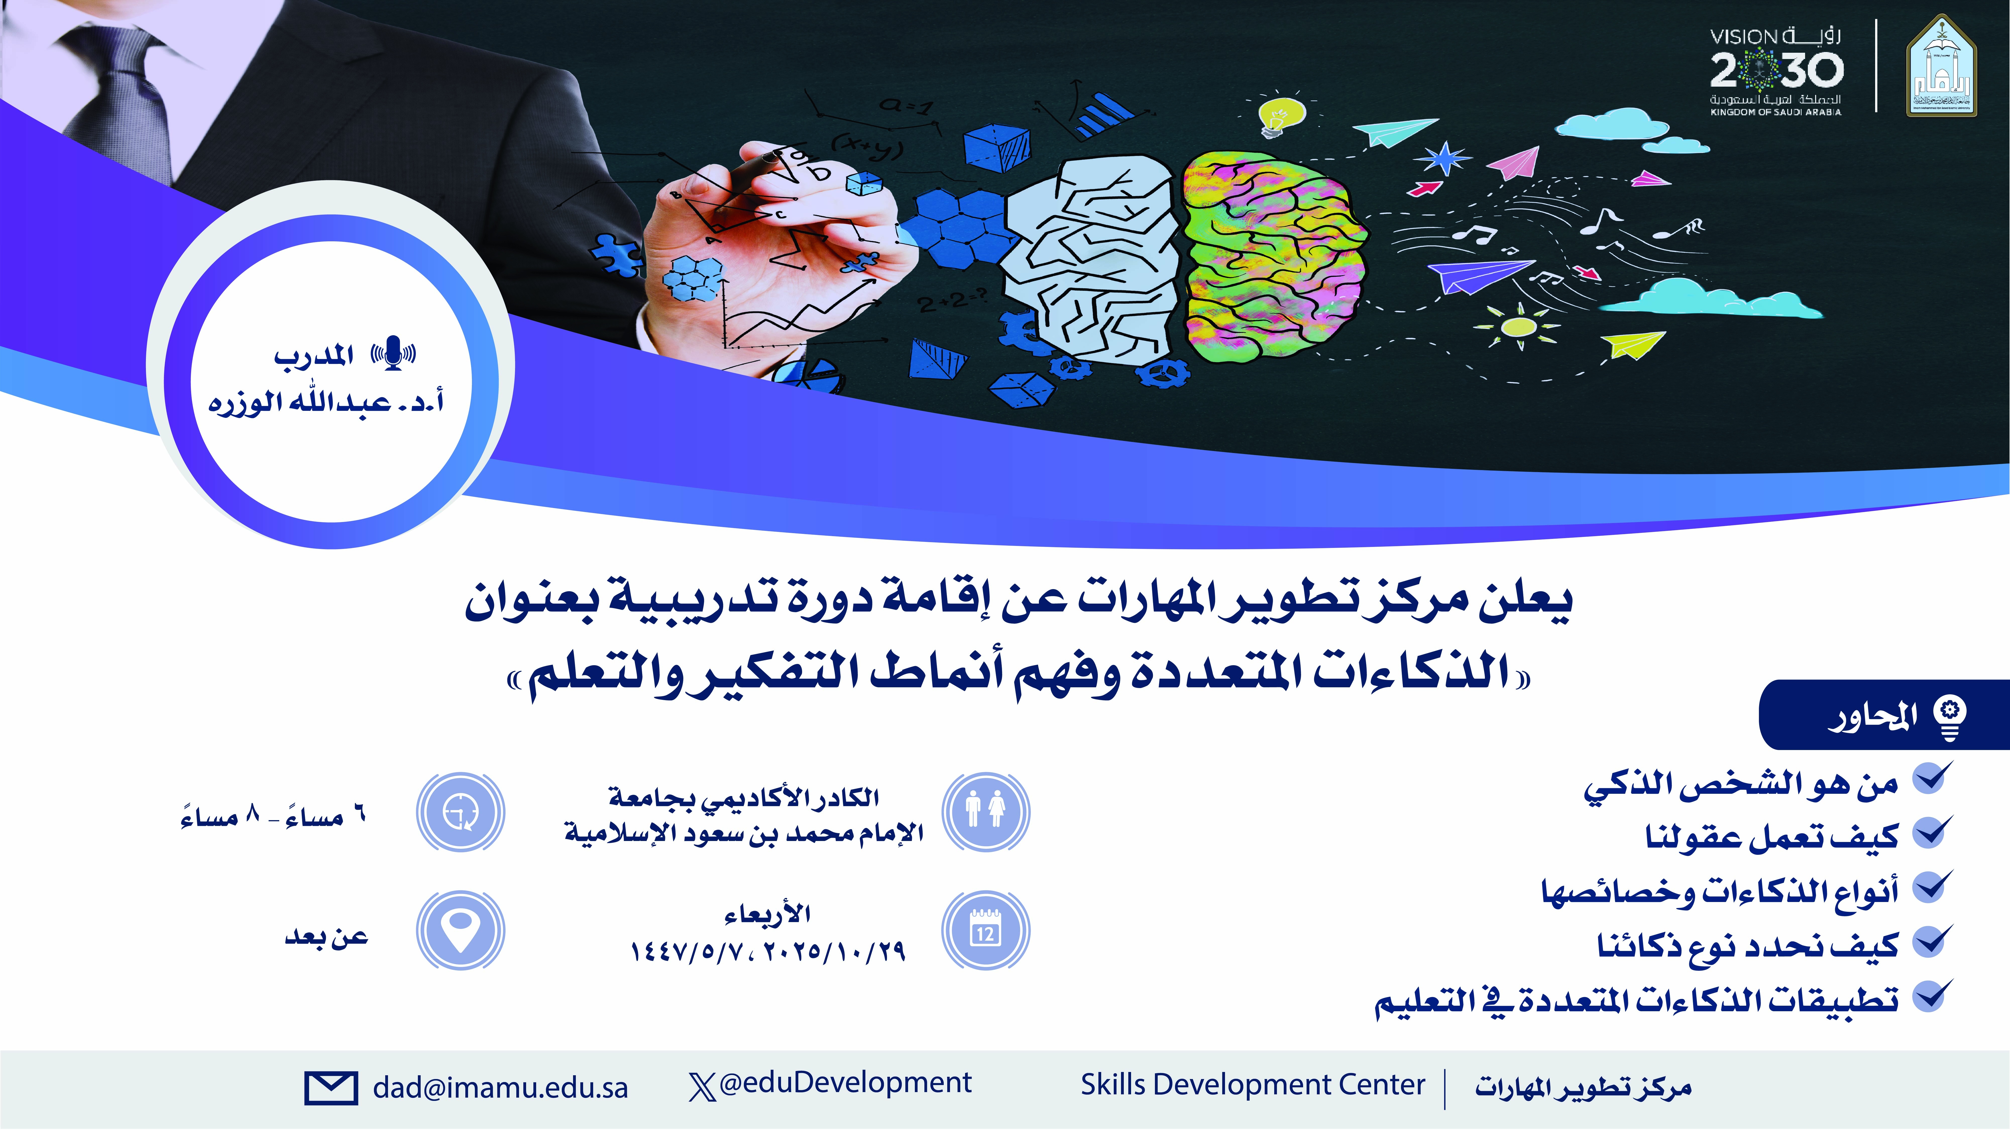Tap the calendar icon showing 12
point(985,929)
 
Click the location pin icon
point(460,929)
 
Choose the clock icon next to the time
point(460,812)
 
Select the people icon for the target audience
point(985,812)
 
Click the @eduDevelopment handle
point(845,1083)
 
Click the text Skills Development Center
point(1252,1085)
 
